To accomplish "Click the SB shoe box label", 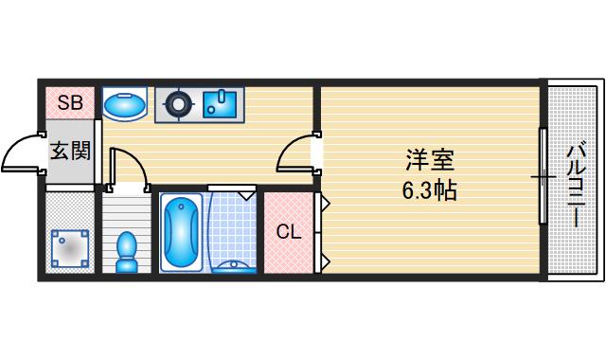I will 69,103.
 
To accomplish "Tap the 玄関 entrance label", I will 69,149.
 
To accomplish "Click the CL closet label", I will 289,232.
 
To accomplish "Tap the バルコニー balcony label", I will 575,186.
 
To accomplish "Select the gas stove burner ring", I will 174,104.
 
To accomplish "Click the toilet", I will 126,251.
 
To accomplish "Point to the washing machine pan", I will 69,249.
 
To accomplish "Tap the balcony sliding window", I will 543,177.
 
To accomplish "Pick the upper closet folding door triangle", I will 324,202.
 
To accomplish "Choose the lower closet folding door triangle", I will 324,260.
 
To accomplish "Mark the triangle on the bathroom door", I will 246,195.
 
